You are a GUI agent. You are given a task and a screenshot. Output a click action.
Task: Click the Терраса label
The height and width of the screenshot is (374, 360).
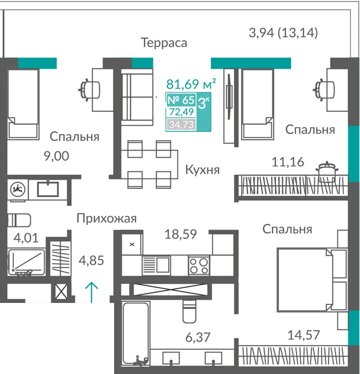164,43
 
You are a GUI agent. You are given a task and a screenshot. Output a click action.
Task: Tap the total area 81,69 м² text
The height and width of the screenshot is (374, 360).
191,84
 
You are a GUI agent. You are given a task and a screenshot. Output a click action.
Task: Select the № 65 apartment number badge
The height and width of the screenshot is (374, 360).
181,100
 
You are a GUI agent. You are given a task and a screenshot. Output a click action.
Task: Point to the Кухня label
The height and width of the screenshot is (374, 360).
202,170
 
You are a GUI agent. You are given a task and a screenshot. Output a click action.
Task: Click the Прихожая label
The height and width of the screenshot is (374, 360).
106,218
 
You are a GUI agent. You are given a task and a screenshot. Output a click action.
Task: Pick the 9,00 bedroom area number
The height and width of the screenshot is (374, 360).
57,156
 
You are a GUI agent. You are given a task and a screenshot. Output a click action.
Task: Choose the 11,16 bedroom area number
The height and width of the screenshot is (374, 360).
288,162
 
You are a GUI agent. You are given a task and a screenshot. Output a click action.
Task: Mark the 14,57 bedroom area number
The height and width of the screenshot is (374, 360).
303,335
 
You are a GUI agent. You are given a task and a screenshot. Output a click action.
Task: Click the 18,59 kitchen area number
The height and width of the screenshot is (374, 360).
181,234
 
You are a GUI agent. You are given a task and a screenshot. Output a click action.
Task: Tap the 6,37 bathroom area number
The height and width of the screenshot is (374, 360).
198,337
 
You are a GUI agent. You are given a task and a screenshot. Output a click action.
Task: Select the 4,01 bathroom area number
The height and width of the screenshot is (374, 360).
26,238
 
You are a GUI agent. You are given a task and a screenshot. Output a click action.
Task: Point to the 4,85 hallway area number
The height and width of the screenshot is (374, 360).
91,260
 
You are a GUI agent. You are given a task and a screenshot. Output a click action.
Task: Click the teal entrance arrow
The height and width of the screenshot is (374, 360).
92,292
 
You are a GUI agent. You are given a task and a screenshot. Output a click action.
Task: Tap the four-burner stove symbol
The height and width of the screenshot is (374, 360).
199,266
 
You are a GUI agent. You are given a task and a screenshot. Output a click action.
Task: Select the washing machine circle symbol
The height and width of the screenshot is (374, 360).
18,189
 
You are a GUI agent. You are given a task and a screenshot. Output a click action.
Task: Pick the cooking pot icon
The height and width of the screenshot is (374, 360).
327,170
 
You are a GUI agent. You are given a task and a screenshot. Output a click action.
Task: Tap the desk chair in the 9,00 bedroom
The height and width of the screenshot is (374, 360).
89,90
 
